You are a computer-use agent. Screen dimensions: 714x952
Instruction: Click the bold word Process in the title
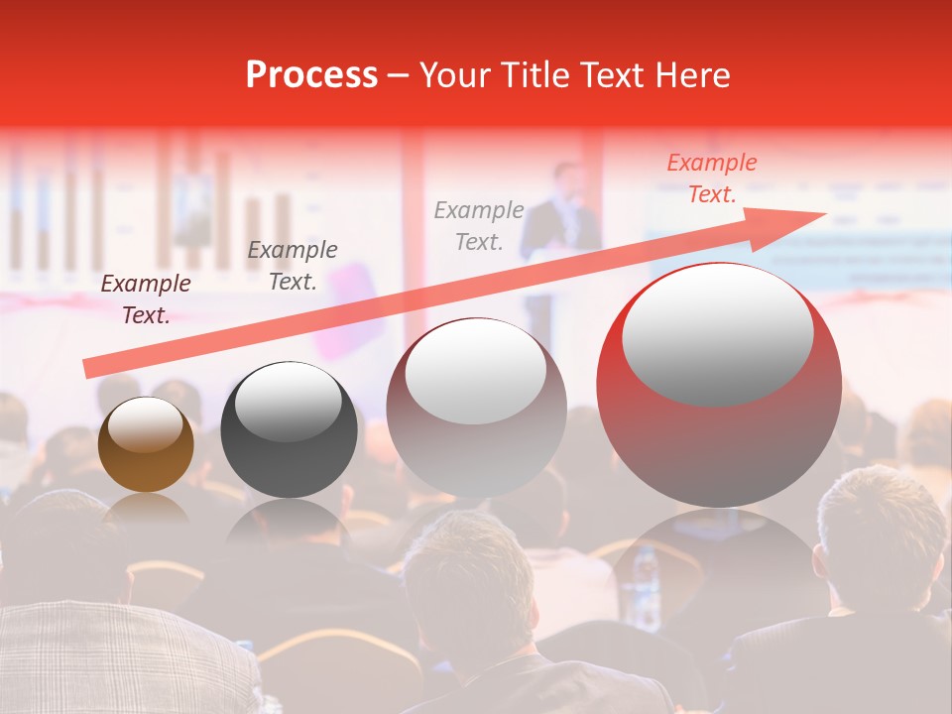[x=311, y=75]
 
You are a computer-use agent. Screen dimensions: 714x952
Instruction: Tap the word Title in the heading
[x=542, y=75]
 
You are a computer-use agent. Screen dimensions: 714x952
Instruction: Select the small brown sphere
[x=146, y=444]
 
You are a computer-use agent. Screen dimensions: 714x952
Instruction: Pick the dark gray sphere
[x=289, y=430]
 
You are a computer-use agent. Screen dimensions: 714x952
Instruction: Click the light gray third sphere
[x=476, y=409]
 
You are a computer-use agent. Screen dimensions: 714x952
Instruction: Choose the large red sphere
[x=719, y=387]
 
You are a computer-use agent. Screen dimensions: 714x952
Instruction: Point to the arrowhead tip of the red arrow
[x=825, y=213]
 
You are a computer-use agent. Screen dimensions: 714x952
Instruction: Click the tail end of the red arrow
[x=87, y=369]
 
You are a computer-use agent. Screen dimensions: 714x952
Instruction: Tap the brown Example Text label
[x=146, y=299]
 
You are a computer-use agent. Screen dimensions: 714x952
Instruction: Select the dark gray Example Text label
[x=293, y=266]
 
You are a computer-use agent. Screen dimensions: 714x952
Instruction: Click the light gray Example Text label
[x=479, y=225]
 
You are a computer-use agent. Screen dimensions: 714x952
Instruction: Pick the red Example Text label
[x=711, y=178]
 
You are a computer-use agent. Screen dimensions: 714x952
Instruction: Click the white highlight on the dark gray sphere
[x=288, y=401]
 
